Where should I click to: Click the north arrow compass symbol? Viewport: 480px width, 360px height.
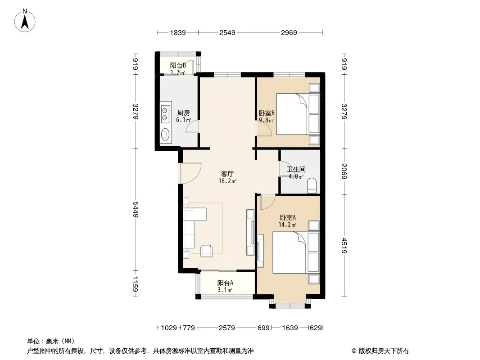(25, 21)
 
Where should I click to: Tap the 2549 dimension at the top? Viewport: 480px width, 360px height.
(227, 32)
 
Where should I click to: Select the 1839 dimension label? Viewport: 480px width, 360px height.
(177, 32)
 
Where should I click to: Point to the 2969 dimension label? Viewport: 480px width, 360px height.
(289, 32)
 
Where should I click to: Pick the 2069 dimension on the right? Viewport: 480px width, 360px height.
(344, 171)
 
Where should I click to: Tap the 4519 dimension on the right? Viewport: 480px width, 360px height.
(344, 245)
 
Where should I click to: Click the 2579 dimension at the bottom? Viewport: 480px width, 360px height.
(226, 328)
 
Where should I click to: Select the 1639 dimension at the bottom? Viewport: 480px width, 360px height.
(290, 328)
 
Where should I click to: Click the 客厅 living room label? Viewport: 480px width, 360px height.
(227, 174)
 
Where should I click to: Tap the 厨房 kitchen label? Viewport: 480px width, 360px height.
(183, 113)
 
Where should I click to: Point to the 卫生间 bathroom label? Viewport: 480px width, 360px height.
(296, 169)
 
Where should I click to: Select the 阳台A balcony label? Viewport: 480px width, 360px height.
(225, 283)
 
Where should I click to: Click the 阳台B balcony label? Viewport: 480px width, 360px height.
(178, 65)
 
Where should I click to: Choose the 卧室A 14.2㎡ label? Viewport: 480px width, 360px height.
(287, 221)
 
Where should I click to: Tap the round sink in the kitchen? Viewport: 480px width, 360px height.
(166, 134)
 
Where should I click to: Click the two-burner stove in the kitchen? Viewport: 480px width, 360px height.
(166, 113)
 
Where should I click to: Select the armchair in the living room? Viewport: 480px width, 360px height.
(207, 251)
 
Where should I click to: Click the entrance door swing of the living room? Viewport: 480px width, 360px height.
(190, 173)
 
